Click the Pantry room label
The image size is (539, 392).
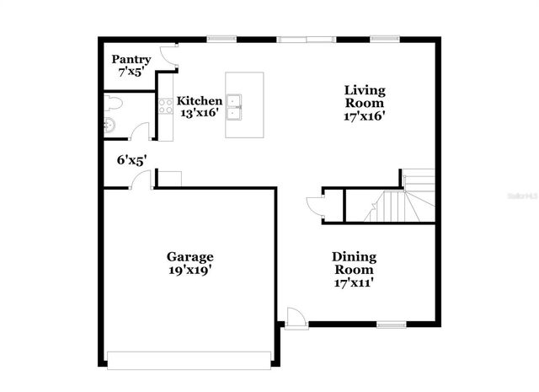pos(131,60)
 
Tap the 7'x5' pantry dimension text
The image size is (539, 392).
pos(131,72)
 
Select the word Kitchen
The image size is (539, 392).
pos(200,100)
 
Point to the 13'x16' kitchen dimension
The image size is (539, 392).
pos(200,113)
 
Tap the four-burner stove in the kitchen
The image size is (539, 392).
pos(165,107)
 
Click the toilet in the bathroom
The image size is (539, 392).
pos(114,105)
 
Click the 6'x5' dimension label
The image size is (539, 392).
pos(132,158)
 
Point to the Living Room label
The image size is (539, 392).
pos(365,96)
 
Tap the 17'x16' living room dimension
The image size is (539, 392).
pos(365,116)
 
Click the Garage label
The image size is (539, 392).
pos(189,256)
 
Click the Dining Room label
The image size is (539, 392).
pos(354,263)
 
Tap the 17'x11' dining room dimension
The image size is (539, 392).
pos(354,283)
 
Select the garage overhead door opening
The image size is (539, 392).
pos(189,360)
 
